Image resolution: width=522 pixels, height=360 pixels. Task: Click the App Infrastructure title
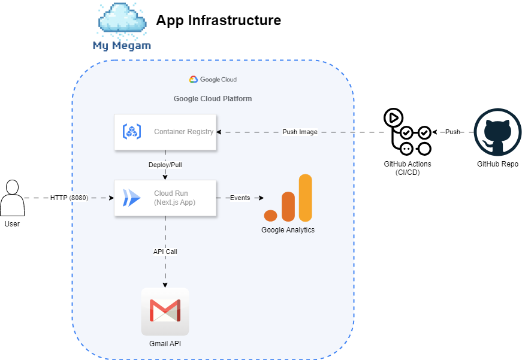click(218, 20)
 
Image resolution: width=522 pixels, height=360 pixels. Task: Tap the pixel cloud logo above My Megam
click(122, 19)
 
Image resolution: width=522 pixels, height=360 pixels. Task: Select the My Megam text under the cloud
click(122, 46)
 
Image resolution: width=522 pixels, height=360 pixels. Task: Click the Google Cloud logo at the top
click(213, 79)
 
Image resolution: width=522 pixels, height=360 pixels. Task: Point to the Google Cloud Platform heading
click(213, 99)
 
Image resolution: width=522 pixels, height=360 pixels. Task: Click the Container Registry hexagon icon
click(132, 132)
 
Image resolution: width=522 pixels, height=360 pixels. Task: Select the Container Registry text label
click(183, 132)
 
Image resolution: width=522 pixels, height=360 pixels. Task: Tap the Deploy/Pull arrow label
click(165, 165)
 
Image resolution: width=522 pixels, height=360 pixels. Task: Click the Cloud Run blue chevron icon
click(131, 198)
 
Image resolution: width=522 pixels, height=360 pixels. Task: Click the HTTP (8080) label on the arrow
click(69, 198)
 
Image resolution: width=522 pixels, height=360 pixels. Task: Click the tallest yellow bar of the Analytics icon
click(306, 198)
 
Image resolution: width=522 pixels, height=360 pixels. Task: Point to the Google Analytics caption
click(288, 230)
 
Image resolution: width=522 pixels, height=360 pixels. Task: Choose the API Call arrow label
click(165, 252)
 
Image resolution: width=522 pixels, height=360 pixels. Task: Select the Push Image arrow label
click(300, 132)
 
